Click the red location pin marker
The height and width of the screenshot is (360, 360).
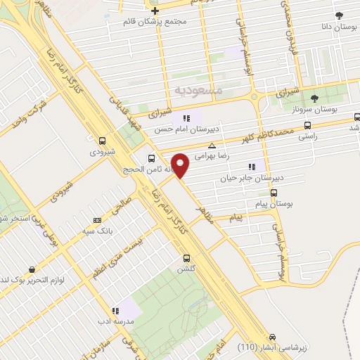(x=181, y=165)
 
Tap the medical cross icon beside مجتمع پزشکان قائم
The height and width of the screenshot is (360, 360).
(x=155, y=11)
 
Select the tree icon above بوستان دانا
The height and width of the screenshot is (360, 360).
(x=339, y=15)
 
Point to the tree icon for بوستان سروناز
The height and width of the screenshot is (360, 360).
(x=314, y=98)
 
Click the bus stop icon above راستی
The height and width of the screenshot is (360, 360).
(x=307, y=126)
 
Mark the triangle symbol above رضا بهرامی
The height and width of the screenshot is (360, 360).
(x=212, y=146)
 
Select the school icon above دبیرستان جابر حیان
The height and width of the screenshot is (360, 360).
(x=251, y=167)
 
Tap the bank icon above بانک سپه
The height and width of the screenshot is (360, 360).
(x=96, y=221)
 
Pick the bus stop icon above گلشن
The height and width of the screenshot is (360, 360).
(x=186, y=258)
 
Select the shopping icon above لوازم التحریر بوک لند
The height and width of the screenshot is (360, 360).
(x=32, y=269)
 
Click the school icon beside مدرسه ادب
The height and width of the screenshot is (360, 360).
(x=114, y=310)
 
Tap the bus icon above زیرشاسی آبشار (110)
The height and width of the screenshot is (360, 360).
(x=272, y=337)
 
